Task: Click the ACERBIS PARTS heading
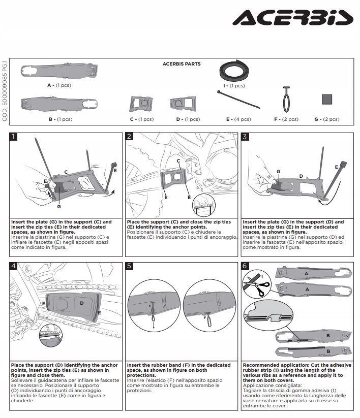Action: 181,64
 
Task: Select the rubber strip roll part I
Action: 233,70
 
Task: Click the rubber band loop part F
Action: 286,100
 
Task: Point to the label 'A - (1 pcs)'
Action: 59,85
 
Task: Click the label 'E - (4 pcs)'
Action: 238,119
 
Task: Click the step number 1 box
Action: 14,137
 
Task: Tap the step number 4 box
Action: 14,266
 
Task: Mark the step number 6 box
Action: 245,266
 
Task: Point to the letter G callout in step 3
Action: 279,172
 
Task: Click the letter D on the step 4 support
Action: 82,303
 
